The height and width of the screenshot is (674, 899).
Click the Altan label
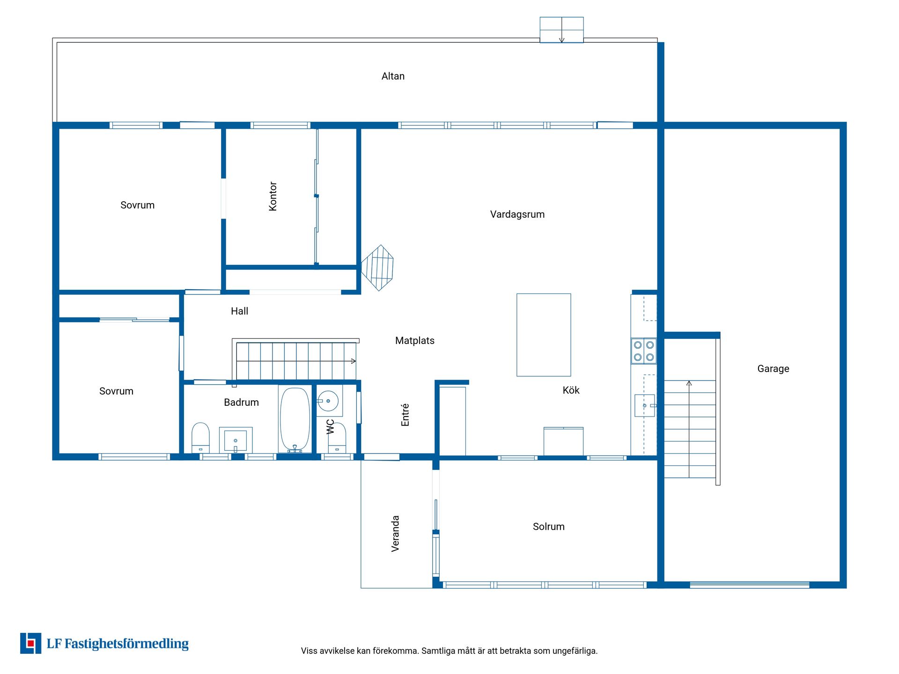[x=393, y=76]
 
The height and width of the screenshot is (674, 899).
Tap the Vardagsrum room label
[x=517, y=214]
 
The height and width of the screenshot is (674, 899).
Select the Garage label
[x=773, y=369]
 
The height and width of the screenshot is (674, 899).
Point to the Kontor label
[x=273, y=196]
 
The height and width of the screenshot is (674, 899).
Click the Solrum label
[x=549, y=527]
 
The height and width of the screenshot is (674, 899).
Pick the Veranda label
[x=395, y=534]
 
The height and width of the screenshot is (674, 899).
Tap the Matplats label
[x=415, y=341]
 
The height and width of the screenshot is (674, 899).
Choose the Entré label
[x=405, y=415]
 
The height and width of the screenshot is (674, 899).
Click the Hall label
[x=239, y=311]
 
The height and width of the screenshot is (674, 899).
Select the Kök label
[x=571, y=390]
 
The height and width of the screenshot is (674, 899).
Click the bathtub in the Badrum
[x=295, y=419]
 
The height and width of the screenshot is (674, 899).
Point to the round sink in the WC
[x=328, y=401]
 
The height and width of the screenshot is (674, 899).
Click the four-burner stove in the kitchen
[x=644, y=351]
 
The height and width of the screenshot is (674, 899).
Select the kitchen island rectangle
[x=544, y=335]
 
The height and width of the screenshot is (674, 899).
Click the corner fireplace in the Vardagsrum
[x=377, y=268]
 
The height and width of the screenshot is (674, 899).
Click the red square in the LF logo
[x=31, y=644]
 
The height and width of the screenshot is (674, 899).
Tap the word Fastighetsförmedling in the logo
[x=126, y=644]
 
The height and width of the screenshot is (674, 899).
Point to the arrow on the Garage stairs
[x=689, y=429]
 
